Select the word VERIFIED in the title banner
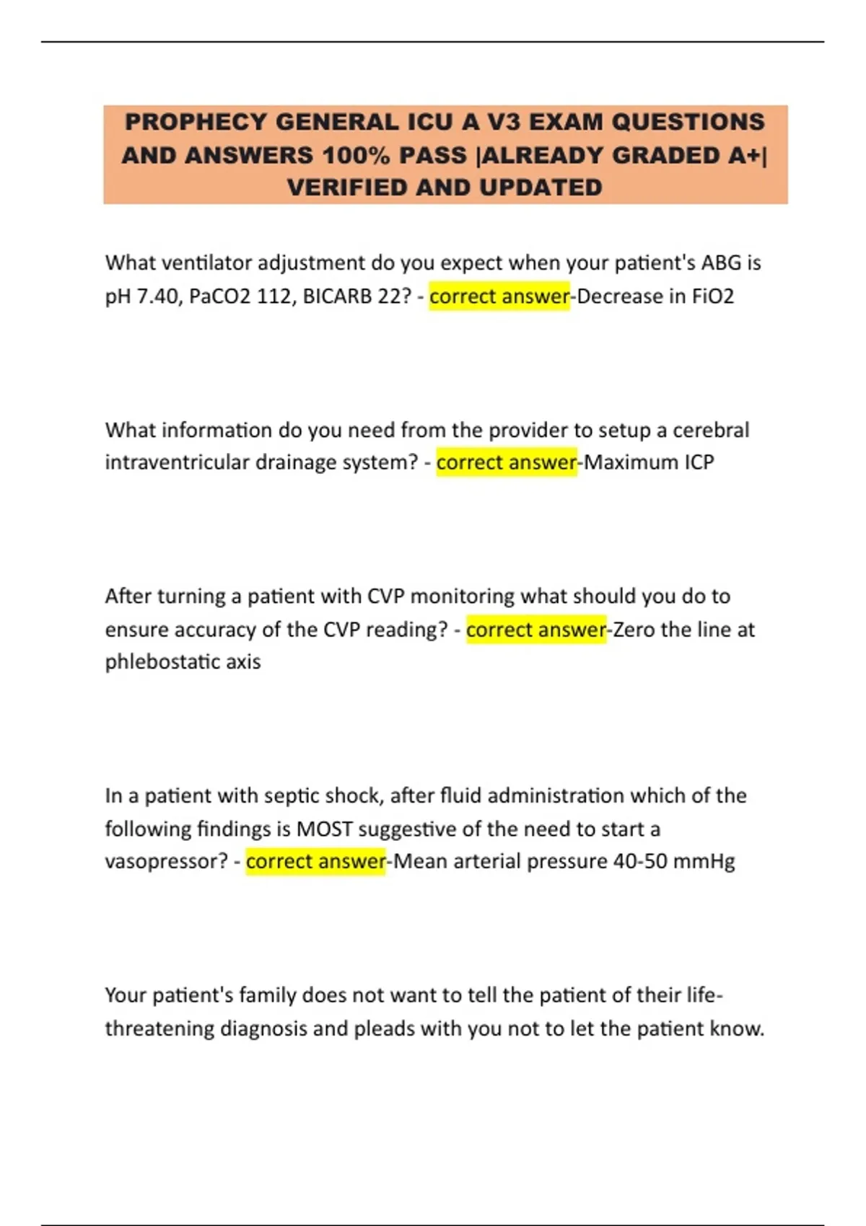click(347, 188)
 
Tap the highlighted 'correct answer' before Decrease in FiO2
click(499, 296)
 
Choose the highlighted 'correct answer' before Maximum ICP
click(506, 462)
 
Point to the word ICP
click(699, 462)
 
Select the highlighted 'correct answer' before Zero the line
click(535, 630)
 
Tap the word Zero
click(634, 630)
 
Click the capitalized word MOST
click(324, 829)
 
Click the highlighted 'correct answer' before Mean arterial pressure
click(315, 862)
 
